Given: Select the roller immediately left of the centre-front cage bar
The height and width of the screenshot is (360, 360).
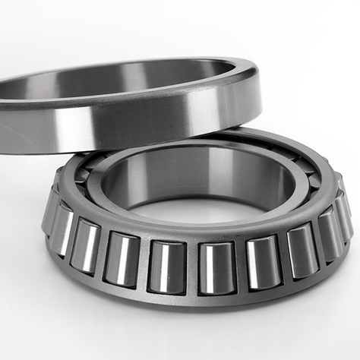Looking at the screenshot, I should click(x=167, y=267).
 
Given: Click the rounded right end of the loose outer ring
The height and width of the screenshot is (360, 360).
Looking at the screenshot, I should click(x=254, y=91).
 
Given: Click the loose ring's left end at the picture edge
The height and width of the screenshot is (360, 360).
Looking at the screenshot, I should click(x=6, y=114).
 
